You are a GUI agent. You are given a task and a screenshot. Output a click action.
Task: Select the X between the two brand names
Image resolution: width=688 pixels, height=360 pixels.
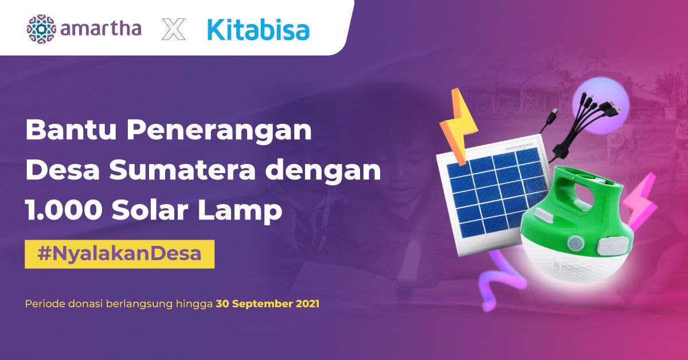pyautogui.click(x=174, y=28)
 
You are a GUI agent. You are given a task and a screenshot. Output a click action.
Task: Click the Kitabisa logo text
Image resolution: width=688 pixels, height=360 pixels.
pyautogui.click(x=258, y=28)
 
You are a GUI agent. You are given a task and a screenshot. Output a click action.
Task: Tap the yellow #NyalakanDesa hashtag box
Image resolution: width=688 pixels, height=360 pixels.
pyautogui.click(x=119, y=254)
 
